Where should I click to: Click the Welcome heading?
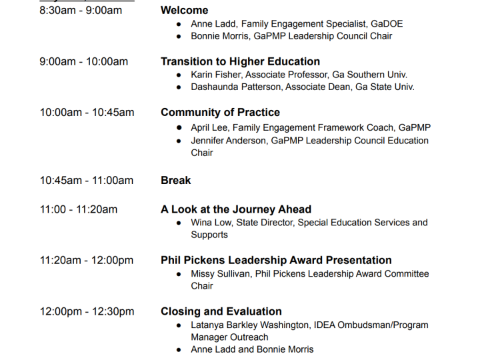pyautogui.click(x=184, y=11)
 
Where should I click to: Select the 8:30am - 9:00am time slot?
pyautogui.click(x=81, y=11)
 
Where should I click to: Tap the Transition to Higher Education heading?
pyautogui.click(x=240, y=61)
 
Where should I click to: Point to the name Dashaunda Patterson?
pyautogui.click(x=236, y=87)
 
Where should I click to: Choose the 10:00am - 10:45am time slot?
pyautogui.click(x=87, y=113)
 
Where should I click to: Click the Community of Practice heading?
pyautogui.click(x=221, y=113)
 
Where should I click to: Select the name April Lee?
pyautogui.click(x=210, y=127)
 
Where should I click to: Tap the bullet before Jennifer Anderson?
pyautogui.click(x=179, y=141)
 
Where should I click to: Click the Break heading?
pyautogui.click(x=176, y=180)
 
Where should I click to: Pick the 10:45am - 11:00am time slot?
pyautogui.click(x=87, y=180)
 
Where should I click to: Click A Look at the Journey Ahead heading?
pyautogui.click(x=236, y=209)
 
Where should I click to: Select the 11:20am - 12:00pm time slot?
pyautogui.click(x=87, y=260)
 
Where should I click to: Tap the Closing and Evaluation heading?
pyautogui.click(x=221, y=311)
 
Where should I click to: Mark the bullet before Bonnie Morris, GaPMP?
pyautogui.click(x=179, y=37)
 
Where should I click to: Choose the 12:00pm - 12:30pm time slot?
pyautogui.click(x=87, y=311)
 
